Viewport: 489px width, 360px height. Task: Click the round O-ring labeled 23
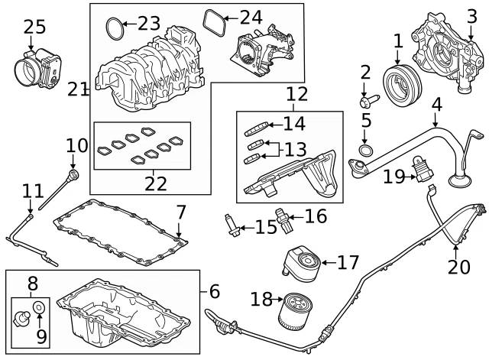[112, 30]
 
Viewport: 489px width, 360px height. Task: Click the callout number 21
[78, 90]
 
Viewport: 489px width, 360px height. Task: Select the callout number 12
[297, 95]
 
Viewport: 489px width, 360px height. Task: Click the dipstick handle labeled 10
[72, 177]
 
